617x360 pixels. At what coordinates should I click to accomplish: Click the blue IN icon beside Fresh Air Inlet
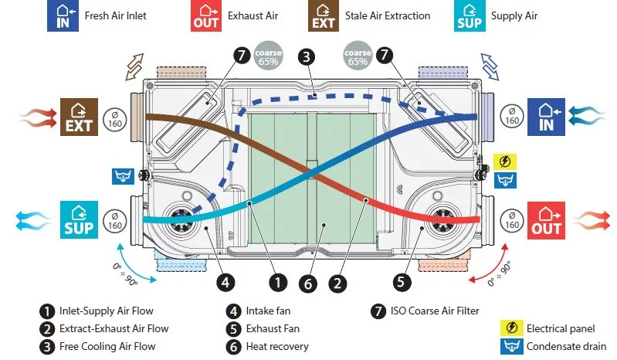click(x=63, y=15)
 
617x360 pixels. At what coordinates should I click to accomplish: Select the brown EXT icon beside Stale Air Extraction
click(x=324, y=15)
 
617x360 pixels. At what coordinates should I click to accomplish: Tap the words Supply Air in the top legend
click(x=514, y=16)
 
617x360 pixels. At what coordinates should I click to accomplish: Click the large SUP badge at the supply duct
click(x=79, y=219)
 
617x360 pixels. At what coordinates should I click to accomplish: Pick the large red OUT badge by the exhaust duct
click(x=546, y=220)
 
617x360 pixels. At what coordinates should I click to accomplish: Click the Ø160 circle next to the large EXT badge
click(x=115, y=119)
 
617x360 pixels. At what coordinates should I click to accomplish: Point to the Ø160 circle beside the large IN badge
click(x=512, y=117)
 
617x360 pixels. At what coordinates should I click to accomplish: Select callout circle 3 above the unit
click(x=307, y=57)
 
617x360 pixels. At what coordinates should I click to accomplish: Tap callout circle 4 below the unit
click(x=225, y=282)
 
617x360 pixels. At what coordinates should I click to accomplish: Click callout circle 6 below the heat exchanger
click(x=307, y=284)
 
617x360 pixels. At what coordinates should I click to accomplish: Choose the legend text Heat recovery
click(x=277, y=347)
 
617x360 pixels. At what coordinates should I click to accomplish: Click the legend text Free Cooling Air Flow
click(x=107, y=347)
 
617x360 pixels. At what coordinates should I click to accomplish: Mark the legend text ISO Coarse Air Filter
click(x=435, y=311)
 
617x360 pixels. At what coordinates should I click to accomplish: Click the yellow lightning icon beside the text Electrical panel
click(x=511, y=328)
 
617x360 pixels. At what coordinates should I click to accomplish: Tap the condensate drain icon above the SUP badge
click(x=123, y=177)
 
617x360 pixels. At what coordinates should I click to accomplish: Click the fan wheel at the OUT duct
click(x=443, y=220)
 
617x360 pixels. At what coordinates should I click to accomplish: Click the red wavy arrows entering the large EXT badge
click(x=38, y=117)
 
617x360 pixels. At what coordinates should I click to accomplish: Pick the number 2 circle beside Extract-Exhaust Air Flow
click(x=47, y=329)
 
